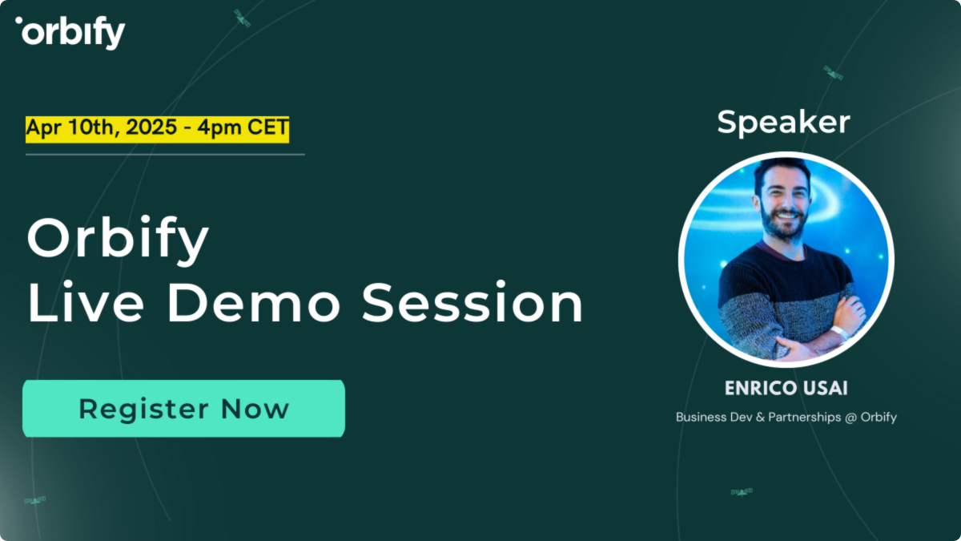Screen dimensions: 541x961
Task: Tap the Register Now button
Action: (183, 409)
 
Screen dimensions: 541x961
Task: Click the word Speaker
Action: (782, 122)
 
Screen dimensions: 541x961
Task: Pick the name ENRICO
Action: (758, 389)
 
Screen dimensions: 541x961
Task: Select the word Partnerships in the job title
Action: (801, 418)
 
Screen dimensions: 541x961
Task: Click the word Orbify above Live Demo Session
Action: (118, 239)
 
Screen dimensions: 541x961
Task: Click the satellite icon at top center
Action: (242, 18)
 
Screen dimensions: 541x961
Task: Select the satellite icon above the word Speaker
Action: (833, 73)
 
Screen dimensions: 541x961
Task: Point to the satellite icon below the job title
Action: (742, 491)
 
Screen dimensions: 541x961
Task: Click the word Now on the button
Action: (255, 409)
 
